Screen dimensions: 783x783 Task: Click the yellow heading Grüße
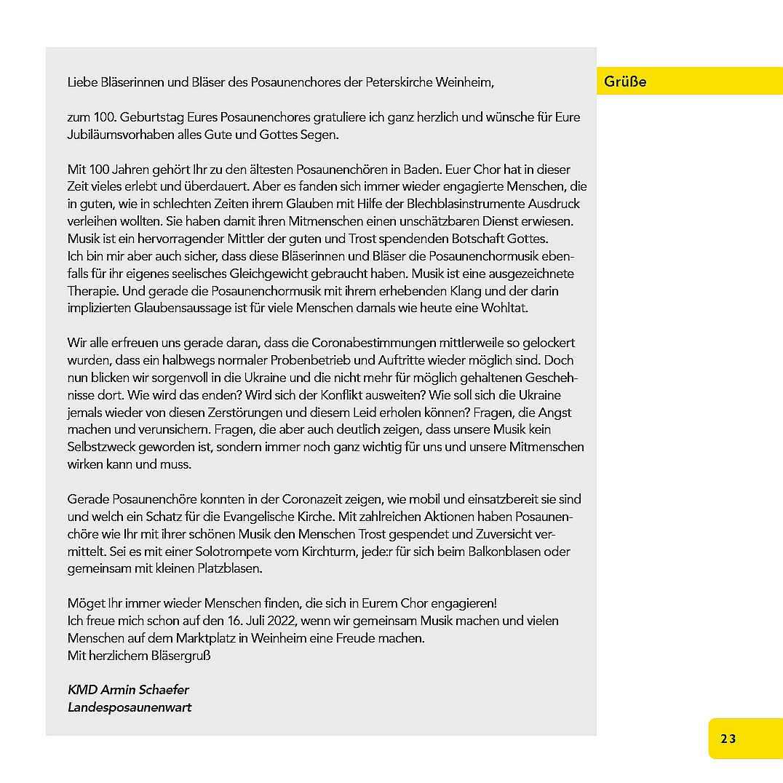[625, 82]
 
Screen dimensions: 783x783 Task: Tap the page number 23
[728, 739]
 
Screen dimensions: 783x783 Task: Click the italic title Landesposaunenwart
[130, 707]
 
